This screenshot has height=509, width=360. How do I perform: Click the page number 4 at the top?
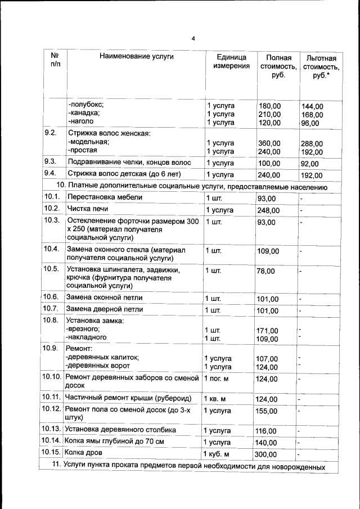(193, 39)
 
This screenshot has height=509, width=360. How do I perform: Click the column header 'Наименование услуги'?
(137, 56)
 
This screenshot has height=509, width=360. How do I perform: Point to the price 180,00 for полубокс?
(269, 106)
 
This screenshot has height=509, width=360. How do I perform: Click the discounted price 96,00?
(309, 123)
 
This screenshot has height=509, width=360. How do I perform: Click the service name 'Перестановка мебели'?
(105, 197)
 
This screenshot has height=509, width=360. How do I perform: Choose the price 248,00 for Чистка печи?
(268, 210)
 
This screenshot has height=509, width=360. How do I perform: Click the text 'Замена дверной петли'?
(105, 309)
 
